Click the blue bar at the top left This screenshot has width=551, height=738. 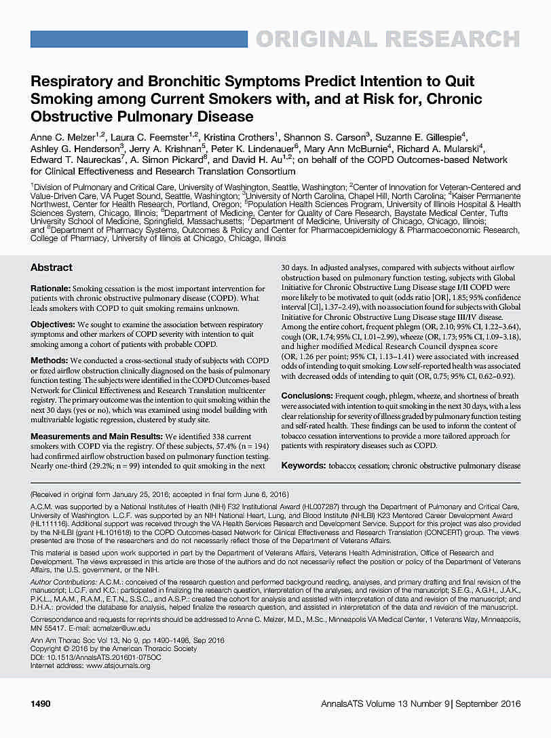(x=138, y=39)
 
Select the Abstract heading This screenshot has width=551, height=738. (x=52, y=267)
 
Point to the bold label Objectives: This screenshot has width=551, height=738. (x=53, y=325)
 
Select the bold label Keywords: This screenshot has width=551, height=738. (x=303, y=466)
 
